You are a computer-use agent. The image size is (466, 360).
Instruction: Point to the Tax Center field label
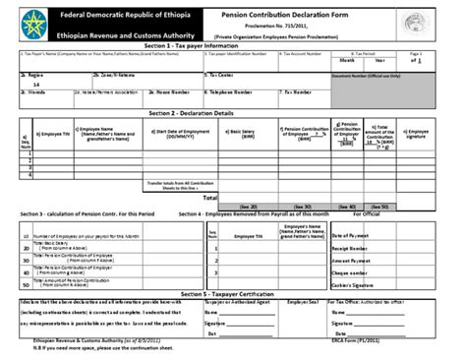[x=219, y=74]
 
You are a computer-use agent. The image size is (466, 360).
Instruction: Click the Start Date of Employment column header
[x=183, y=134]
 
